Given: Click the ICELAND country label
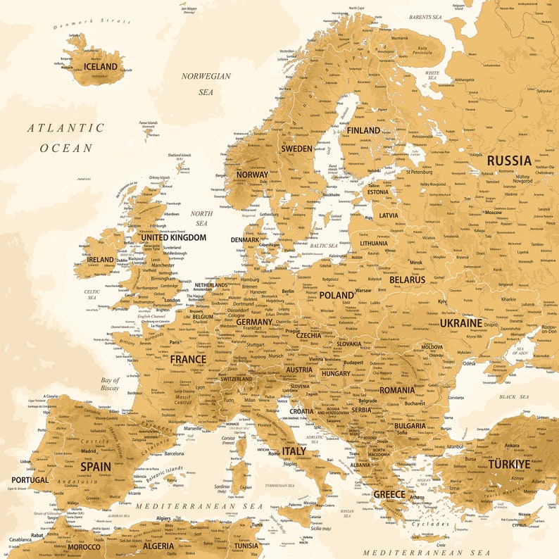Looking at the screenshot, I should tap(101, 67).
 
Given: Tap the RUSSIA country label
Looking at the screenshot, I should tap(509, 161).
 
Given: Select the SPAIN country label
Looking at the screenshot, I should tap(96, 466).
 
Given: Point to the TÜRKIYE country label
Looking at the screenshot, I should tap(509, 464).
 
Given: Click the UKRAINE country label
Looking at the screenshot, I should tap(461, 322).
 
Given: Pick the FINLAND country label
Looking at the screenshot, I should tap(363, 130).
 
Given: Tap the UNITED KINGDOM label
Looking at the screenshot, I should tap(173, 237).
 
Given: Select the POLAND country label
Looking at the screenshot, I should tap(337, 295).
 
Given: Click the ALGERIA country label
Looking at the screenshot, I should tap(158, 546).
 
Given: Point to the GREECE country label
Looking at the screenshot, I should tap(389, 494).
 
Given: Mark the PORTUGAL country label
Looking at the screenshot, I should tap(30, 480).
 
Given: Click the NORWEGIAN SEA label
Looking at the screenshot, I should tap(206, 84).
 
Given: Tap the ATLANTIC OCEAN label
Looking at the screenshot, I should tap(66, 138).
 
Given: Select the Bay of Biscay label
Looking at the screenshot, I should tap(110, 384).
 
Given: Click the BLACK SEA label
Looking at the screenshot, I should tap(514, 397).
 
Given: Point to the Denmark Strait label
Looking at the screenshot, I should tap(92, 24).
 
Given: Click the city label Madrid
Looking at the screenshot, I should tap(88, 451).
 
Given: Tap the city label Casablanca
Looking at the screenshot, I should tap(20, 539).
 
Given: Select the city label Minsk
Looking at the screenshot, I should tap(415, 263).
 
